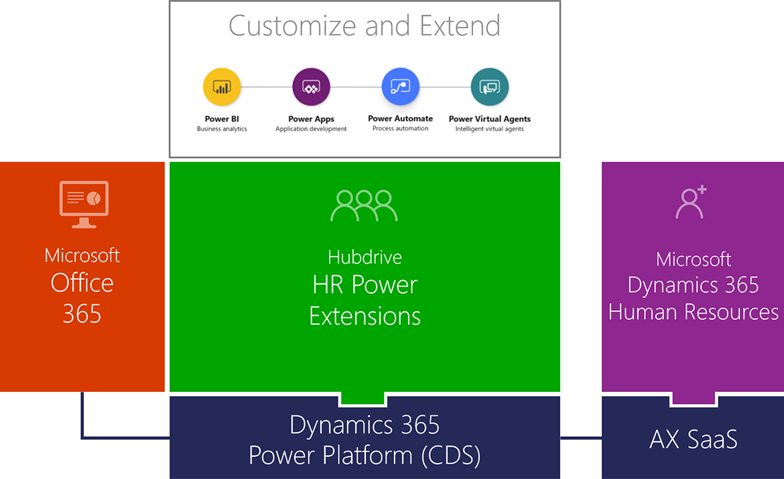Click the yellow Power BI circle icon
click(222, 87)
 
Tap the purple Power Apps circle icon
click(311, 87)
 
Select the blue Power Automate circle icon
click(400, 86)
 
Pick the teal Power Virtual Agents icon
click(489, 87)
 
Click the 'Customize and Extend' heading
click(365, 26)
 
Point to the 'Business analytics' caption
click(222, 129)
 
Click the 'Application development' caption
click(311, 129)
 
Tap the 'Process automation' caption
click(400, 129)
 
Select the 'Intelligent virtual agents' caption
click(489, 129)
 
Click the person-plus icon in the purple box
click(691, 202)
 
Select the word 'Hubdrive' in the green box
click(365, 257)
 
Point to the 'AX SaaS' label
click(693, 439)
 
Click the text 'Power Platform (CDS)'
click(365, 456)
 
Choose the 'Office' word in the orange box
click(82, 283)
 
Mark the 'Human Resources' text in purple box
click(693, 312)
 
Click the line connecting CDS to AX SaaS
click(580, 438)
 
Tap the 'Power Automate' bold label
click(400, 119)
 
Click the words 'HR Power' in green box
click(365, 285)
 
